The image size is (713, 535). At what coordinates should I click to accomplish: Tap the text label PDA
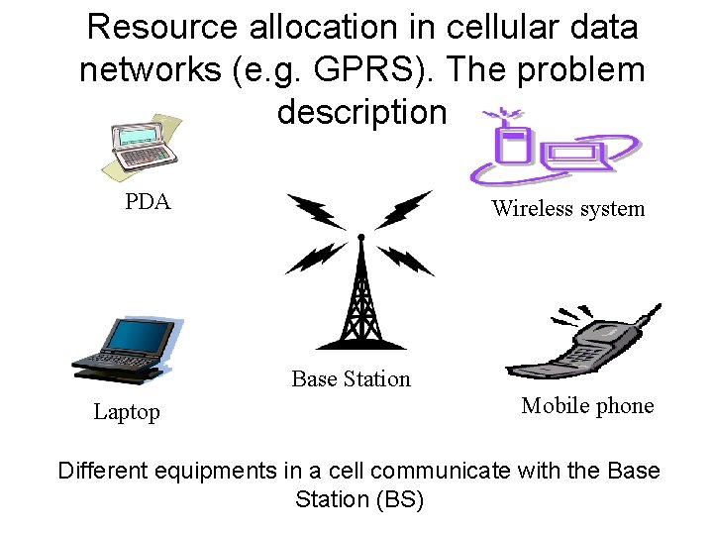[148, 203]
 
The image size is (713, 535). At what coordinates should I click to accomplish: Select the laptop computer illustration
[127, 349]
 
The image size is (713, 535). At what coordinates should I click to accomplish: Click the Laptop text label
[127, 412]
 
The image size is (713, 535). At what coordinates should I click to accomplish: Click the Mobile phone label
[587, 406]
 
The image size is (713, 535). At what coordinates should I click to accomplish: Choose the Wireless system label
[567, 209]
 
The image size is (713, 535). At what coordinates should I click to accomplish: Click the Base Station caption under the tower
[351, 379]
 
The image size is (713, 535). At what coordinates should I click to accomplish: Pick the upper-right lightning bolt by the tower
[405, 210]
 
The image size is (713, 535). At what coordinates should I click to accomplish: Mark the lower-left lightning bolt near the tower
[314, 258]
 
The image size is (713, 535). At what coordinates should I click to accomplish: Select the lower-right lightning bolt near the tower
[407, 260]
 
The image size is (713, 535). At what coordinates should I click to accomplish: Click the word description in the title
[361, 112]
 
